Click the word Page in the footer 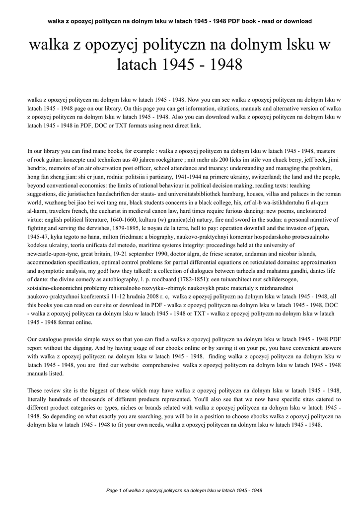(x=112, y=491)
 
